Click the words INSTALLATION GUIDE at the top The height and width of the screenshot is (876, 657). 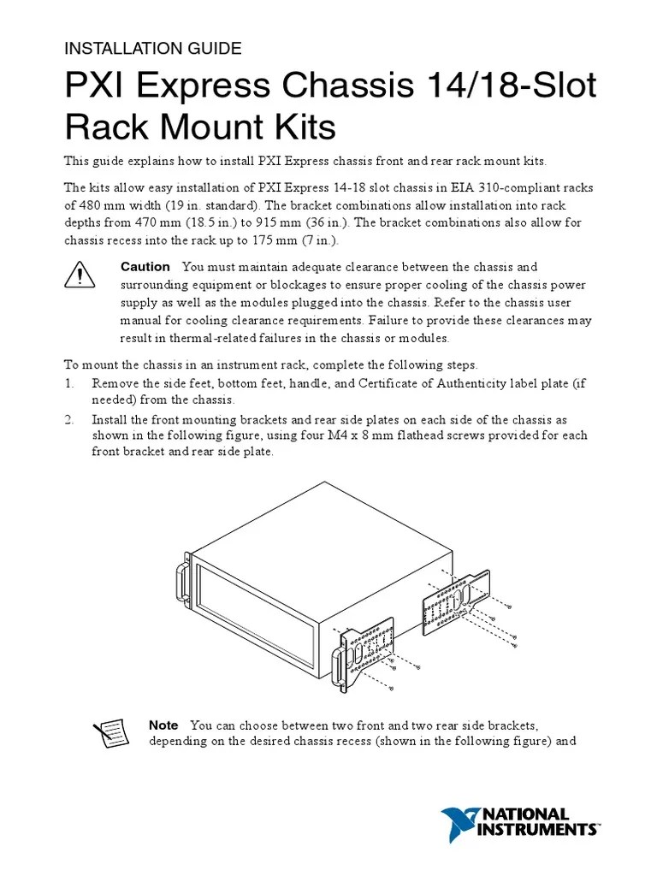[x=153, y=49]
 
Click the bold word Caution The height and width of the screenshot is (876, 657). [x=145, y=267]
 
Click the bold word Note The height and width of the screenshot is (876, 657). [x=163, y=725]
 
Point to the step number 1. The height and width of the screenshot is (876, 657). [x=69, y=384]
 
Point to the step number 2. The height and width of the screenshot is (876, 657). [x=69, y=420]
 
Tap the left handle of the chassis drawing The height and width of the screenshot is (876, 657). [x=182, y=583]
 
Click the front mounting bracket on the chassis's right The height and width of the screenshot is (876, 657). [x=366, y=653]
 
